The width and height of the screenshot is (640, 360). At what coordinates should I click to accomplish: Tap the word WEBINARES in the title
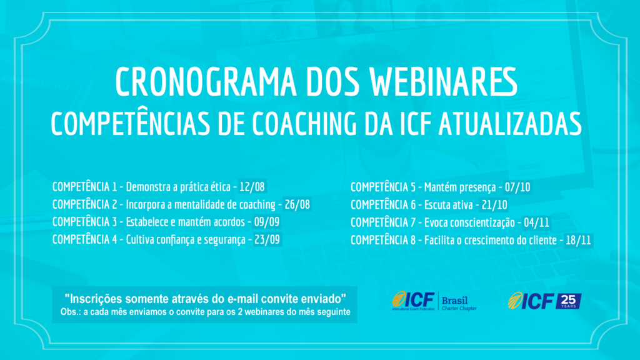pyautogui.click(x=444, y=82)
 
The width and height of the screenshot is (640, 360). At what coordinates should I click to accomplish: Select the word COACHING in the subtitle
pyautogui.click(x=304, y=123)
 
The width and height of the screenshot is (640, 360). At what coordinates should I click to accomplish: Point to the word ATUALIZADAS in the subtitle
pyautogui.click(x=510, y=123)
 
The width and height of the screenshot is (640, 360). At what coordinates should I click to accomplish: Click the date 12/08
pyautogui.click(x=252, y=187)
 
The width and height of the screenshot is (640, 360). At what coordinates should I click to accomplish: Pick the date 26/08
pyautogui.click(x=297, y=204)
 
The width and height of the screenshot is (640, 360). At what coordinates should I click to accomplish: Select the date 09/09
pyautogui.click(x=266, y=222)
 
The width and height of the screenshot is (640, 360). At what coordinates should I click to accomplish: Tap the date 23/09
pyautogui.click(x=267, y=239)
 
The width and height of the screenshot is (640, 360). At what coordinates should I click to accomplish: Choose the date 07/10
pyautogui.click(x=517, y=187)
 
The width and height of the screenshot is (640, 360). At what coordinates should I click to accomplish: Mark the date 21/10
pyautogui.click(x=494, y=205)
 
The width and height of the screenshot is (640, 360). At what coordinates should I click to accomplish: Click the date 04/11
pyautogui.click(x=536, y=222)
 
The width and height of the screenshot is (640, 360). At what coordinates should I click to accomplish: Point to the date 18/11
pyautogui.click(x=578, y=240)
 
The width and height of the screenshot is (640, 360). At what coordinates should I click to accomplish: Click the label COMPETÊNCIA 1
pyautogui.click(x=84, y=187)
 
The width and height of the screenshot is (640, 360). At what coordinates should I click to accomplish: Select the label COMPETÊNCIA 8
pyautogui.click(x=383, y=240)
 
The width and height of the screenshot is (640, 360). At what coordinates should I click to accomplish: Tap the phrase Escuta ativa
pyautogui.click(x=449, y=205)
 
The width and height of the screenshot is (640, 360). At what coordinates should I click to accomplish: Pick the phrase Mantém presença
pyautogui.click(x=460, y=187)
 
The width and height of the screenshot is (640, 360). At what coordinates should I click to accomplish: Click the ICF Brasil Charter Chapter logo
pyautogui.click(x=434, y=301)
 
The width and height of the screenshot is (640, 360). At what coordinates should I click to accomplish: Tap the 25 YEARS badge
pyautogui.click(x=568, y=301)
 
